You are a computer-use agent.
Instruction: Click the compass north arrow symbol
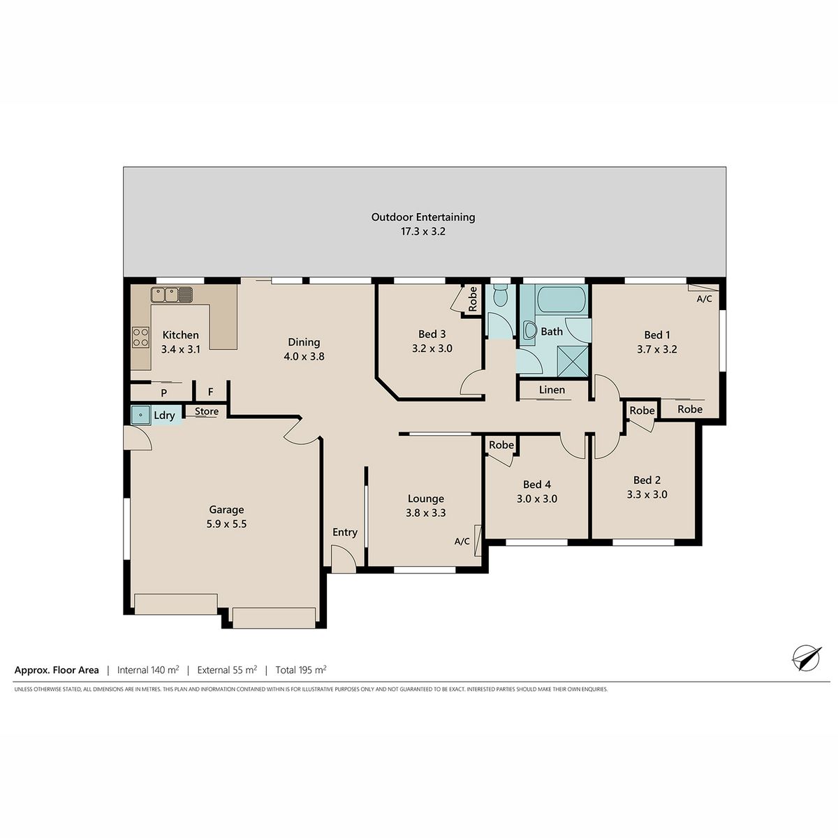(x=807, y=658)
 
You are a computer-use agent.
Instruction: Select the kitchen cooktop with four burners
(x=140, y=337)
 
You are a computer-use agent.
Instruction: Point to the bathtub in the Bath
(x=561, y=299)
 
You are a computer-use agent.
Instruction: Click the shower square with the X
(x=573, y=361)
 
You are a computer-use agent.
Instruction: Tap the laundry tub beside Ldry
(x=141, y=415)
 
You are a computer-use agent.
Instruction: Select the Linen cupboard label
(x=552, y=390)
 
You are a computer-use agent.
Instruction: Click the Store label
(x=207, y=411)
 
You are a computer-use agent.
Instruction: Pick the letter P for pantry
(x=164, y=393)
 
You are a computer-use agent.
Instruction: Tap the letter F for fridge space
(x=210, y=392)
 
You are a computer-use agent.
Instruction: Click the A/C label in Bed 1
(x=704, y=299)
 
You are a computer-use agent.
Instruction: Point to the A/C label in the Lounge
(x=462, y=541)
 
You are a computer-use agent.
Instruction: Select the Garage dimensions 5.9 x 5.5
(x=226, y=524)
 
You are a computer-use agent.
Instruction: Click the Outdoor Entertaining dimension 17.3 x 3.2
(x=423, y=231)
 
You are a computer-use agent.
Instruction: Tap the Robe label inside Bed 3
(x=473, y=299)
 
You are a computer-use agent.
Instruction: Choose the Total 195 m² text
(x=301, y=670)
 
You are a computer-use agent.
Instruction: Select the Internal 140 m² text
(x=148, y=670)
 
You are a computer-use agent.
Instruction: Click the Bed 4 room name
(x=537, y=485)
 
